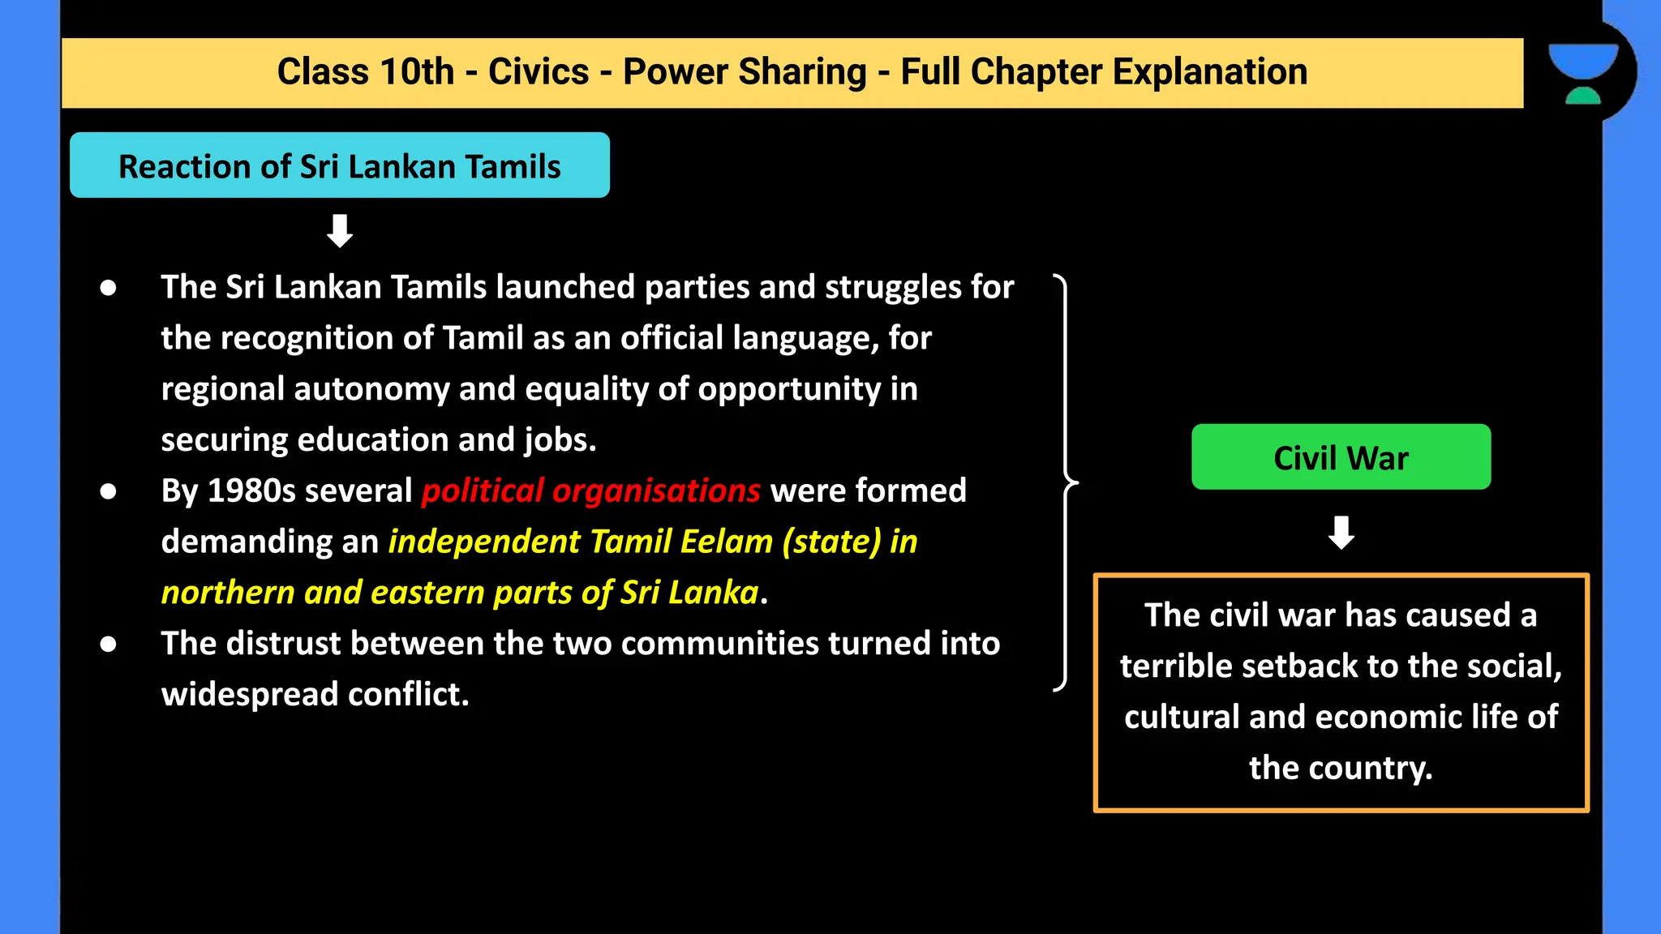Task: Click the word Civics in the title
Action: tap(538, 72)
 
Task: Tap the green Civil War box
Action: tap(1341, 457)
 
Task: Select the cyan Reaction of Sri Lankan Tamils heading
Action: tap(339, 166)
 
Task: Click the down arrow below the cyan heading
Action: tap(339, 231)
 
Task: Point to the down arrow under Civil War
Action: tap(1341, 533)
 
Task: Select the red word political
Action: tap(483, 491)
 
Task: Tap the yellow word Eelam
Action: tap(726, 542)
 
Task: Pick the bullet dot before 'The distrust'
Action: tap(108, 645)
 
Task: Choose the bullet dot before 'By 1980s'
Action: tap(108, 491)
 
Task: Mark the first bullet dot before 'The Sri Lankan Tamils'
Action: tap(108, 288)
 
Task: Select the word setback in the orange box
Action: tap(1299, 666)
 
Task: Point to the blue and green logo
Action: tap(1583, 73)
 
